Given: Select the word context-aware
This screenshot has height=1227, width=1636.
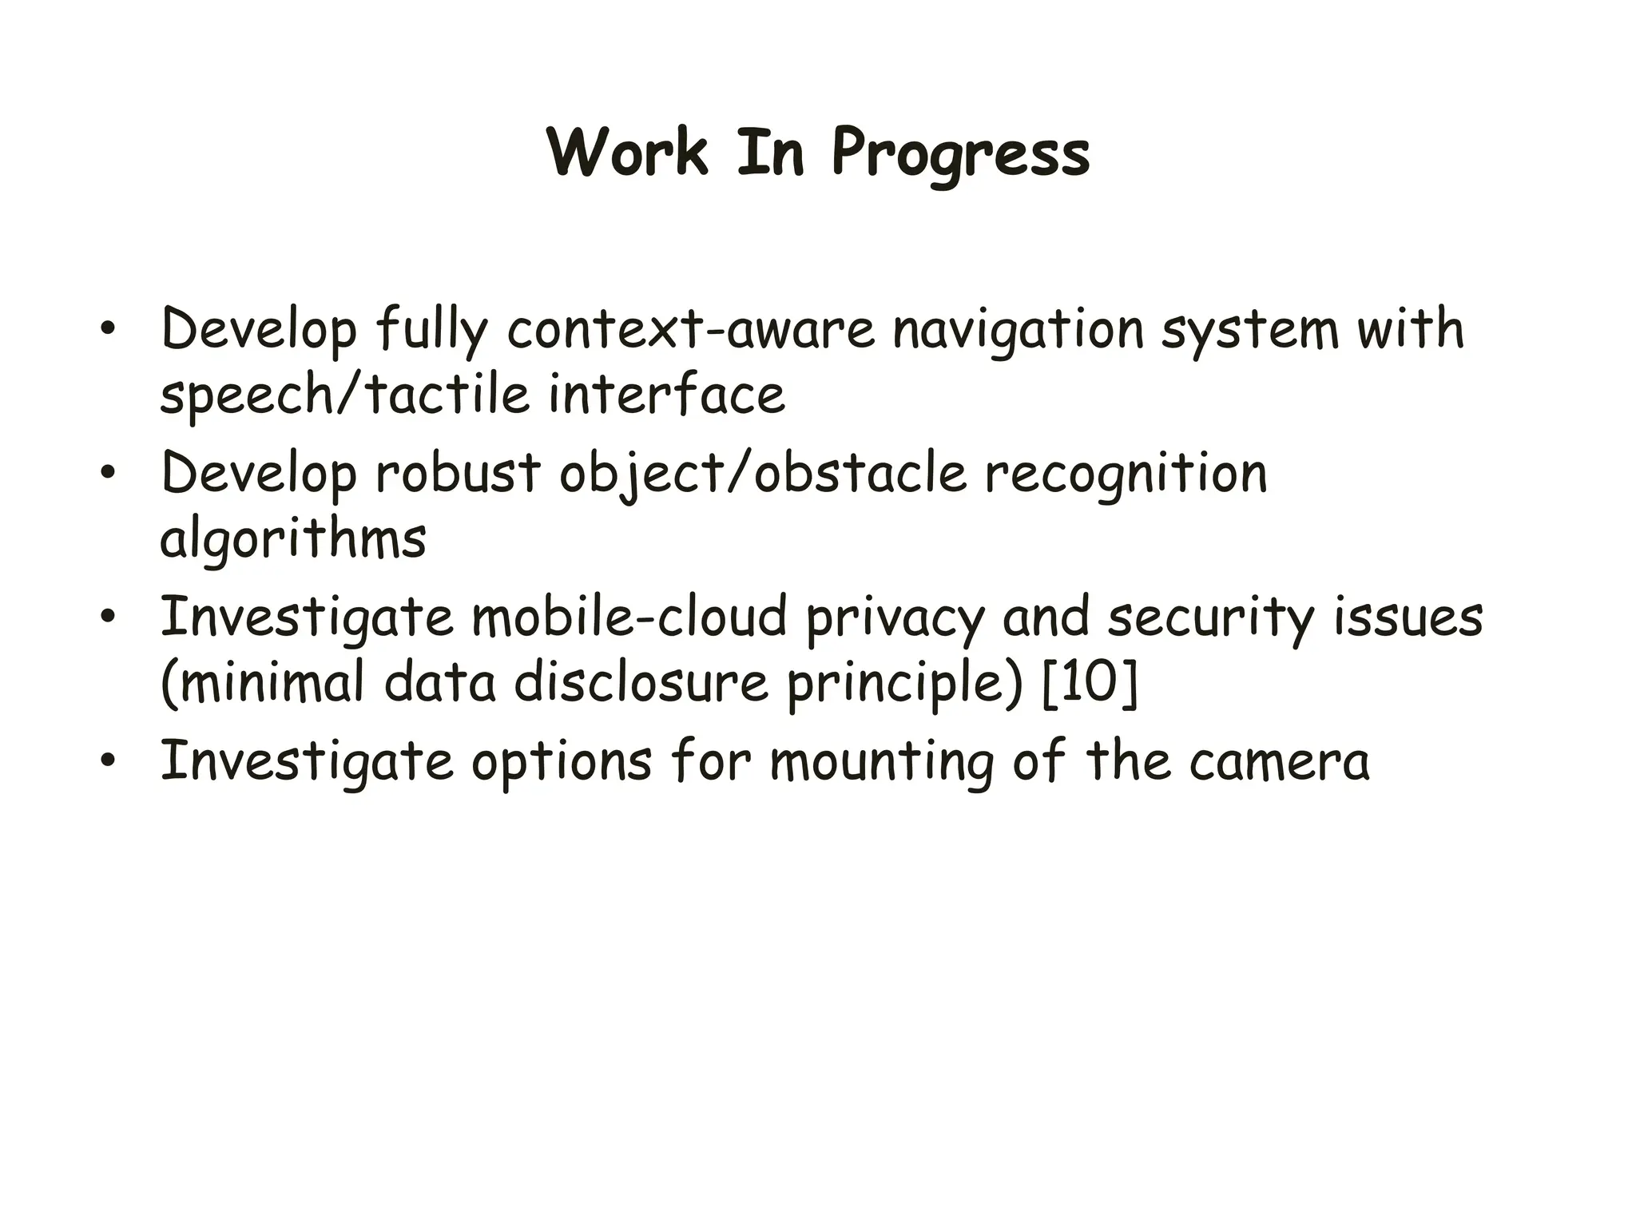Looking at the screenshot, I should (690, 329).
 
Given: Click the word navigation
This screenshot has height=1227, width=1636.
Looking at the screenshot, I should (1019, 331).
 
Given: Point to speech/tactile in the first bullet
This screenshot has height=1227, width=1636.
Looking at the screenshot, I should (344, 395).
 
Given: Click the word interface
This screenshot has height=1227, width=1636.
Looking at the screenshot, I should (666, 395).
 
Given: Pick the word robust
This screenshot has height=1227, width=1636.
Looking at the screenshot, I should (458, 473).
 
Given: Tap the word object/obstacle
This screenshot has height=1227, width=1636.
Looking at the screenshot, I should (762, 474).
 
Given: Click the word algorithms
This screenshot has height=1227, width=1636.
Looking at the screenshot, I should (292, 540).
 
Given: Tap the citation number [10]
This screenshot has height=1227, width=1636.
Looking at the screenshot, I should (1090, 684).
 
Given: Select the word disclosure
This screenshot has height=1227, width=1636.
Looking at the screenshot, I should (641, 684).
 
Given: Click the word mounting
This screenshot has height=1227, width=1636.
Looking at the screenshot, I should (882, 762).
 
